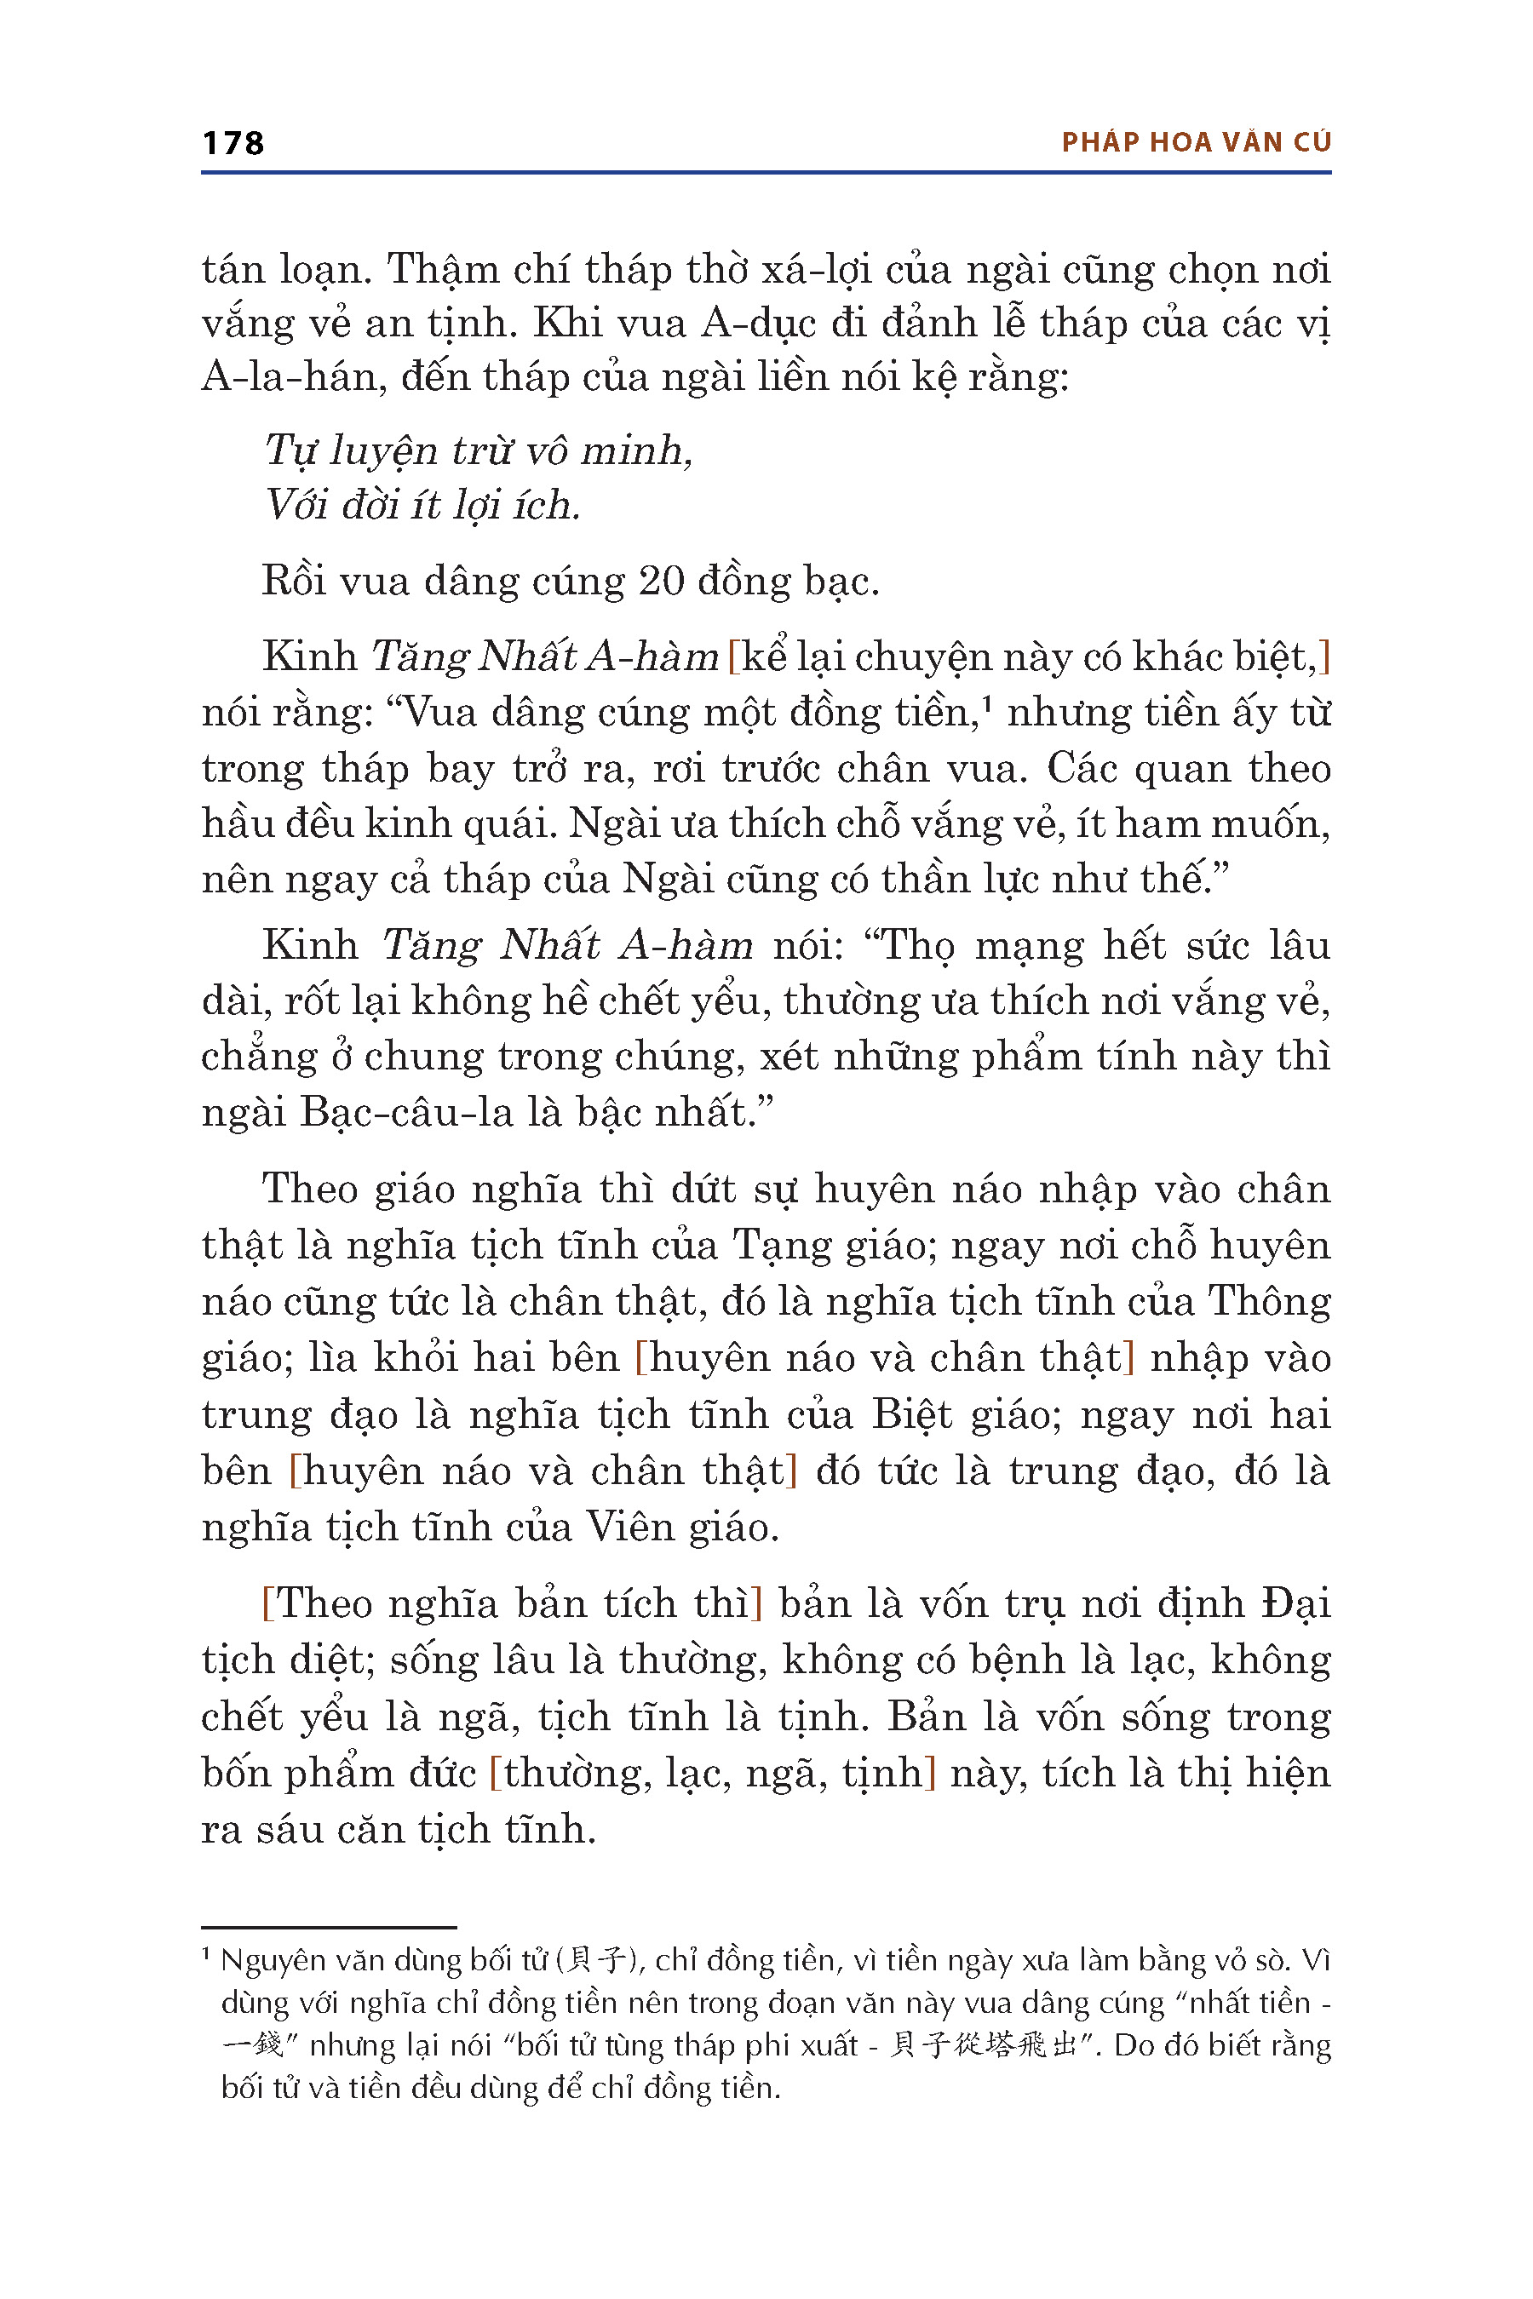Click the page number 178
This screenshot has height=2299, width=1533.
tap(233, 144)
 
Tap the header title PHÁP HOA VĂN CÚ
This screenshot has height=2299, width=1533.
tap(1196, 143)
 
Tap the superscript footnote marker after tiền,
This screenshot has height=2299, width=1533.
tap(987, 702)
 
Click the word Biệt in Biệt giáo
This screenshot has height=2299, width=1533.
tap(911, 1415)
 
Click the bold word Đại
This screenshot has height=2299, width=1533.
tap(1296, 1604)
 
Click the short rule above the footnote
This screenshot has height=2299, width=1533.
tap(329, 1928)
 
